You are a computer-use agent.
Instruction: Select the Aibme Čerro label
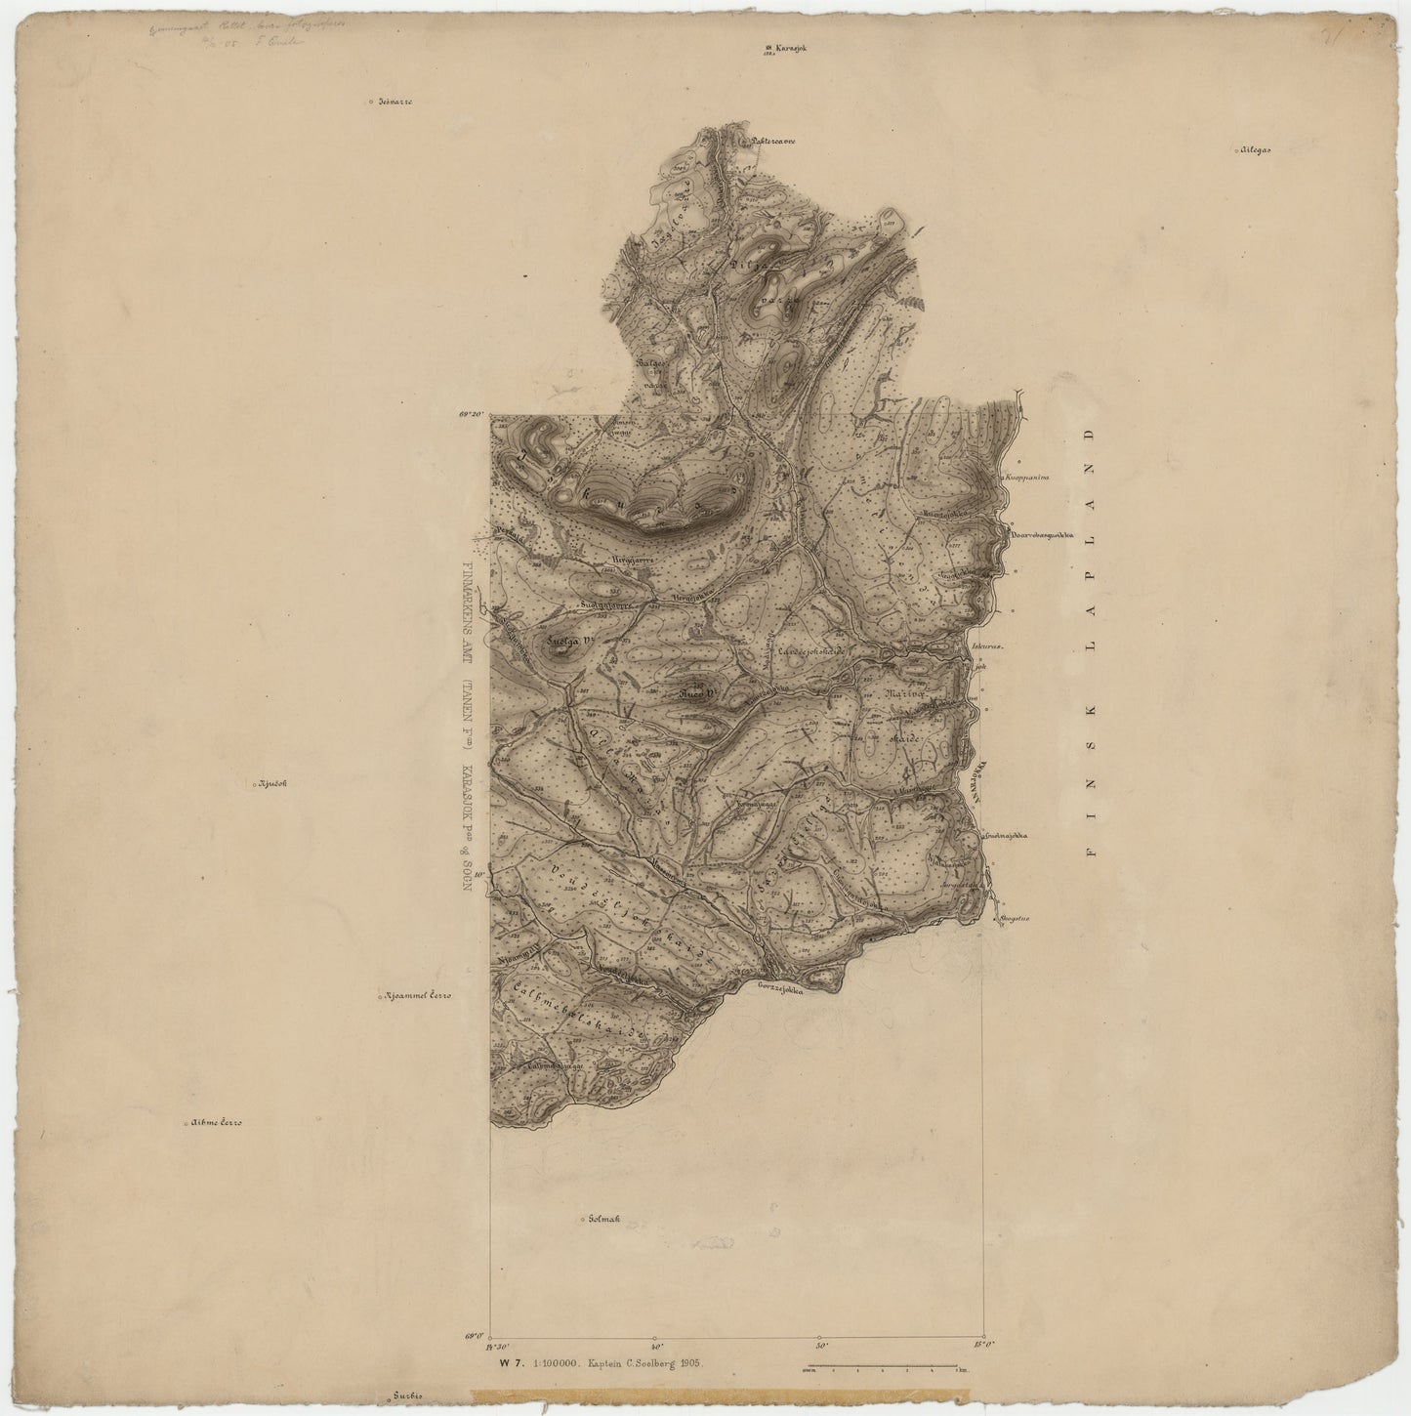[x=216, y=1123]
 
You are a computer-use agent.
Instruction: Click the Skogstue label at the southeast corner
[x=1017, y=919]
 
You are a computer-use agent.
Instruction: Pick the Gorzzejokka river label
[x=779, y=988]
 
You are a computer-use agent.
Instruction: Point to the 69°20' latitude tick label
[x=474, y=415]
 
